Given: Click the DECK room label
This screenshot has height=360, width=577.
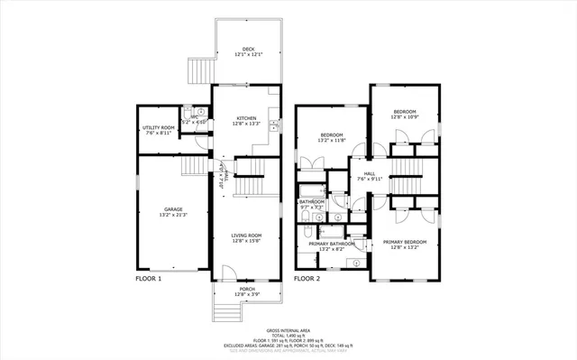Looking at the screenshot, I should [246, 49].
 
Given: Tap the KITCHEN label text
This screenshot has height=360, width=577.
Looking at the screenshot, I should [246, 118].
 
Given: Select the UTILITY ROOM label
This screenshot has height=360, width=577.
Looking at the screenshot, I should [157, 128].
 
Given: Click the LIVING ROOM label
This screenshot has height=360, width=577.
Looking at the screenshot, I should [245, 235].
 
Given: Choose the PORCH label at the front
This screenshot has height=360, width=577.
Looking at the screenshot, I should [246, 289].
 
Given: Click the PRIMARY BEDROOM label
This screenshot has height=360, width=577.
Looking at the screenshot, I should [404, 242].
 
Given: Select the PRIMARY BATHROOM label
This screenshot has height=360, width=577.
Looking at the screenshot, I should [331, 244].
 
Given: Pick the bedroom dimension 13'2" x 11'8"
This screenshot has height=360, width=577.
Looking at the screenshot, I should [331, 141].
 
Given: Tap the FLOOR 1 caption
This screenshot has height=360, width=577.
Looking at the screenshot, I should [149, 278].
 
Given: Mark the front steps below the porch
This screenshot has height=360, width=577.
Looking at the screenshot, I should [228, 311].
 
